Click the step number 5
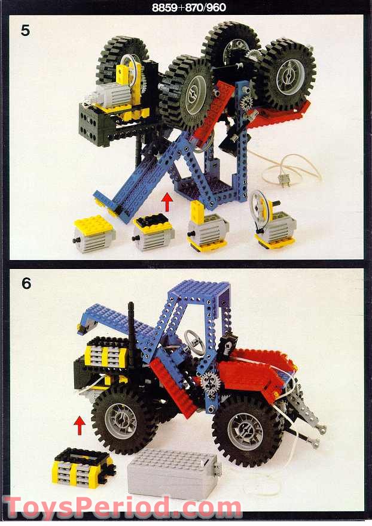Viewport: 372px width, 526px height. click(x=25, y=30)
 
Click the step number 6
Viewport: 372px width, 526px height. click(x=26, y=283)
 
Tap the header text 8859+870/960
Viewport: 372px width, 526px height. click(x=186, y=8)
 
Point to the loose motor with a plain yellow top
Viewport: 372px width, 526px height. click(x=94, y=234)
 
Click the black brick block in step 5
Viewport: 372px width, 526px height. click(x=96, y=125)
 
